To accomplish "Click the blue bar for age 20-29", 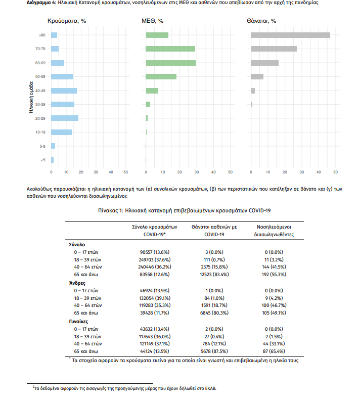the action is tap(65, 118).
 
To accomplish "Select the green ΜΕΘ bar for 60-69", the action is tap(171, 63).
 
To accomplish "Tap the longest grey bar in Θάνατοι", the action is tap(290, 35).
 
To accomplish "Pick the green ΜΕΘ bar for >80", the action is tap(157, 35).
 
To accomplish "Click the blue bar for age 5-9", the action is tap(53, 146).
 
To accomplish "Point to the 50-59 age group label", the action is tap(40, 76).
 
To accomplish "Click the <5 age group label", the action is tap(43, 160).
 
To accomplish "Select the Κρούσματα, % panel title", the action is tap(67, 21).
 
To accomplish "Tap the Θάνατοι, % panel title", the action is tap(261, 21).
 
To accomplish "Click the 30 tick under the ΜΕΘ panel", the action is tap(196, 172).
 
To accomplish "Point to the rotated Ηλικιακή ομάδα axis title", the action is tap(31, 97).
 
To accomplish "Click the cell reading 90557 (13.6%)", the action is tap(154, 252).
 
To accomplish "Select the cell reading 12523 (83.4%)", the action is tap(214, 275).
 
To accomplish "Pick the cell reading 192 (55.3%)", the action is tap(274, 275).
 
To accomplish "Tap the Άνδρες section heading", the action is tap(77, 283).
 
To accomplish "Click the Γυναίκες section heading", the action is tap(78, 322).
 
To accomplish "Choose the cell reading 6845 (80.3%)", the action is tap(214, 313).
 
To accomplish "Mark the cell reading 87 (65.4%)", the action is tap(274, 351).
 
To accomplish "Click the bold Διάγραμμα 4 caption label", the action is tap(41, 3).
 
